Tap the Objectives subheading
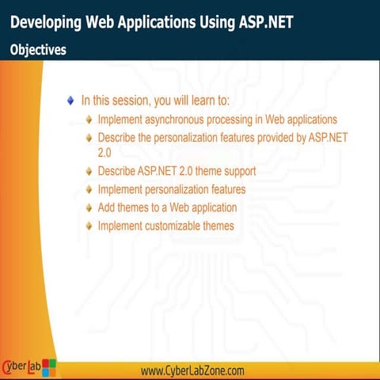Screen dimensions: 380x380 click(x=38, y=49)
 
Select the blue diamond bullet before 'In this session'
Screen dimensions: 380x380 click(x=71, y=101)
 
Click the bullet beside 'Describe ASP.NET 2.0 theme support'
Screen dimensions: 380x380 click(x=89, y=171)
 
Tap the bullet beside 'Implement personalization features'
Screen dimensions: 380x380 click(x=89, y=190)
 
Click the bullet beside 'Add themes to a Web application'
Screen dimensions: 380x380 click(x=89, y=208)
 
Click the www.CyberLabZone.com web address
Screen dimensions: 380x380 click(x=192, y=370)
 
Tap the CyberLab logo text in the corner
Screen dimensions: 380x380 click(x=21, y=367)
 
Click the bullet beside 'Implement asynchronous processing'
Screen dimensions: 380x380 click(x=89, y=120)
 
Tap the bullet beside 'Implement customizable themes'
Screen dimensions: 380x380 click(x=89, y=226)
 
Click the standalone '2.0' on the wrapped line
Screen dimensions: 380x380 click(x=104, y=152)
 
